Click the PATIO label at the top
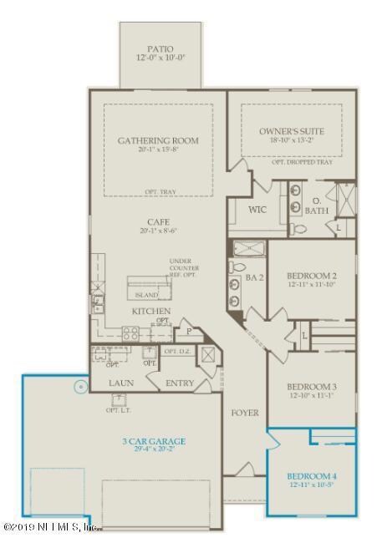point(159,49)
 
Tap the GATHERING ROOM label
point(158,140)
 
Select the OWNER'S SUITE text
point(291,131)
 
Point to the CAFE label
point(158,222)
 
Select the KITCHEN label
point(151,311)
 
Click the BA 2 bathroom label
point(255,276)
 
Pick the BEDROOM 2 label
point(311,275)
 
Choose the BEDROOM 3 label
point(311,387)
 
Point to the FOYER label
point(245,413)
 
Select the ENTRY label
point(179,383)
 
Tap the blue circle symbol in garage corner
point(79,387)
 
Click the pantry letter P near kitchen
point(188,331)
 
